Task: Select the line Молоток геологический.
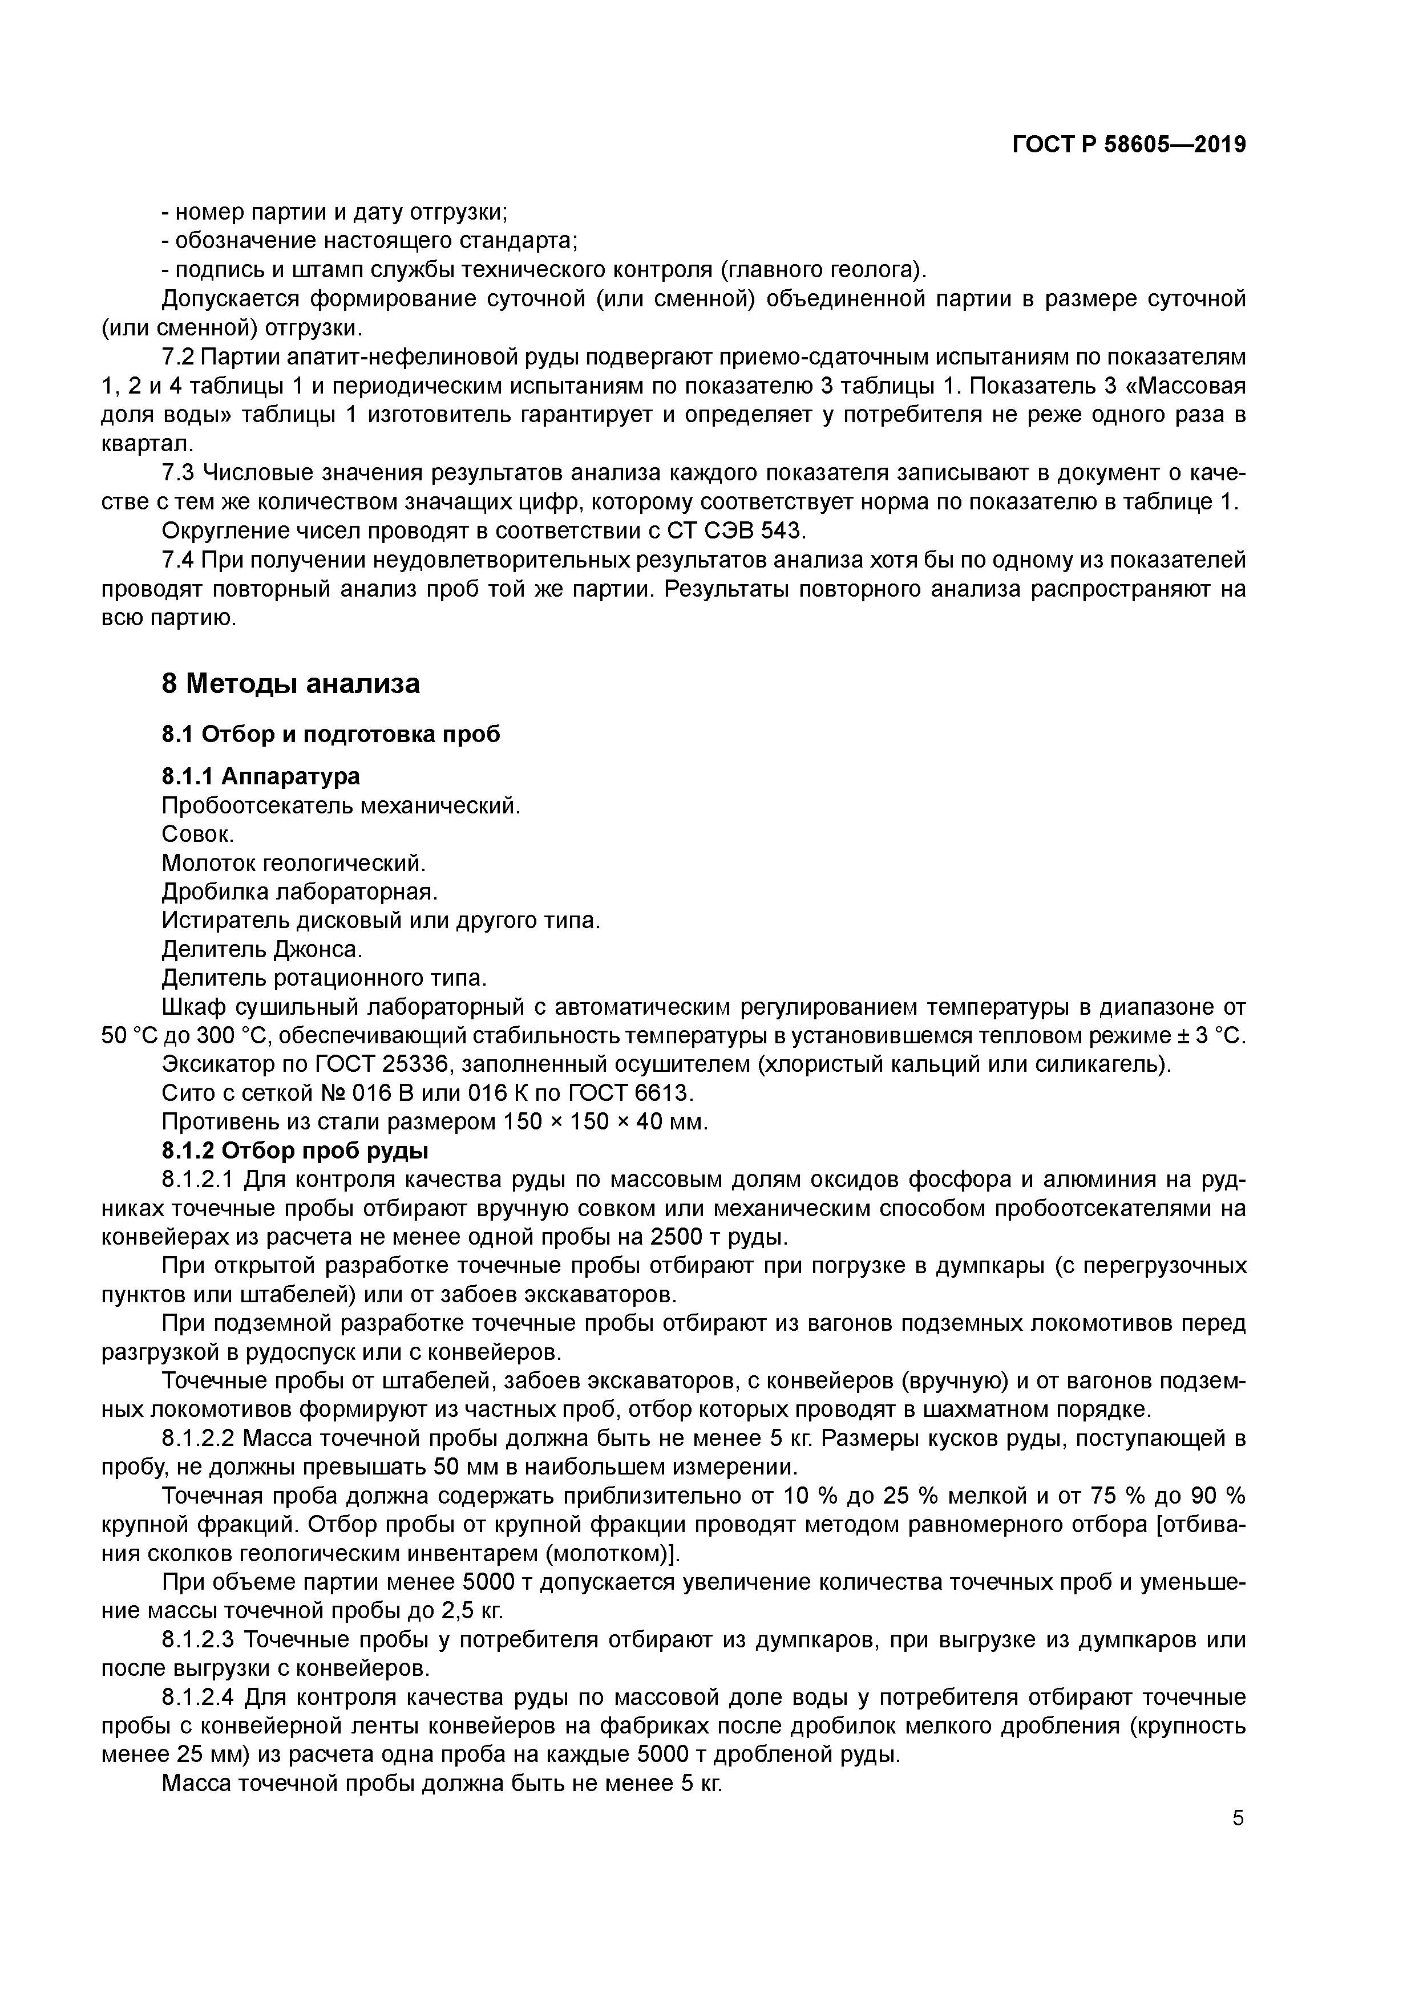pyautogui.click(x=294, y=863)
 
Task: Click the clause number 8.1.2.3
pyautogui.click(x=199, y=1640)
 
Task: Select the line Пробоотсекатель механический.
pyautogui.click(x=341, y=805)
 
